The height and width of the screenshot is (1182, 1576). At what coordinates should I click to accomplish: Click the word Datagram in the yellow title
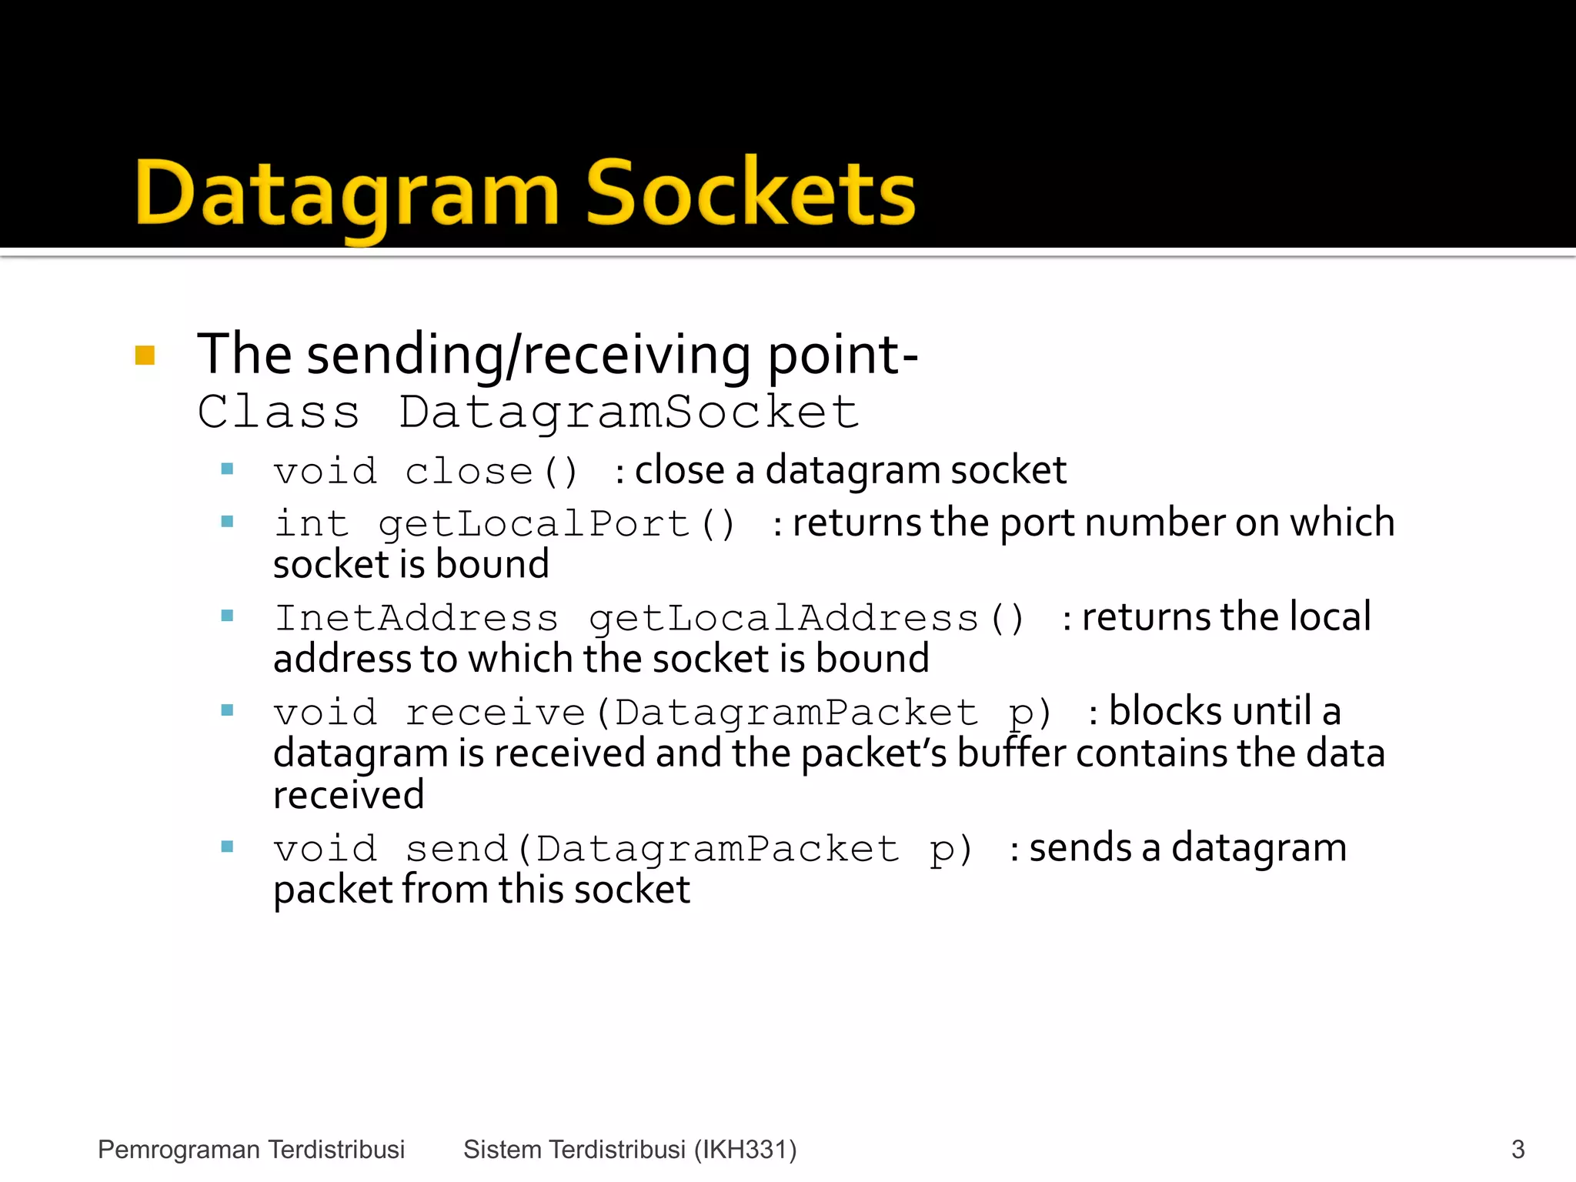pyautogui.click(x=346, y=194)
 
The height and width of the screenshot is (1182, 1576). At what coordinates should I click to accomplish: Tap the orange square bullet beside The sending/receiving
pyautogui.click(x=145, y=355)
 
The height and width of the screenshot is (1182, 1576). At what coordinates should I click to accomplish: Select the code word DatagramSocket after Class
pyautogui.click(x=628, y=412)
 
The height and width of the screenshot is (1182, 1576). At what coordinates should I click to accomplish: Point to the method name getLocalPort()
pyautogui.click(x=557, y=524)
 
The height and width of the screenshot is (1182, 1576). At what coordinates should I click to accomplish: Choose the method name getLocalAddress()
pyautogui.click(x=806, y=618)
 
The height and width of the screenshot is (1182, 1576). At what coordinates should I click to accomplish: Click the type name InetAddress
pyautogui.click(x=416, y=618)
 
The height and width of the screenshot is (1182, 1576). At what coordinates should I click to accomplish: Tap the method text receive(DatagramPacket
pyautogui.click(x=692, y=712)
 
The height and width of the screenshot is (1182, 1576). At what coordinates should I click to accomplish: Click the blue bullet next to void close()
pyautogui.click(x=227, y=469)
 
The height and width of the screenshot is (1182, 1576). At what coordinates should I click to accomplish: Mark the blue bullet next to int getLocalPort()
pyautogui.click(x=227, y=522)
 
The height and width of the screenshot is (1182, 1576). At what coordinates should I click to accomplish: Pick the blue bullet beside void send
pyautogui.click(x=227, y=847)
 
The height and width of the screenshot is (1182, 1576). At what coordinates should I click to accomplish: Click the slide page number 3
pyautogui.click(x=1518, y=1149)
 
